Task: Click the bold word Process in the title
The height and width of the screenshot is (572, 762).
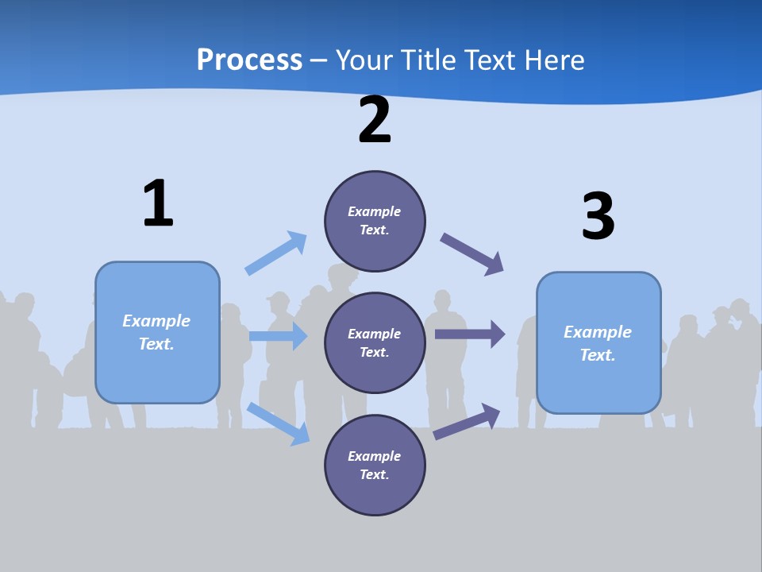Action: pos(249,60)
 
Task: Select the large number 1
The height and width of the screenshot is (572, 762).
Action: pos(158,203)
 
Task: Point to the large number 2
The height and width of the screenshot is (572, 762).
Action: pos(375,120)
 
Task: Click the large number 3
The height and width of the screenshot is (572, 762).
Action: pos(598,216)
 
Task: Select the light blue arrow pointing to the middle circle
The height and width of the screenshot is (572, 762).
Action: pos(278,336)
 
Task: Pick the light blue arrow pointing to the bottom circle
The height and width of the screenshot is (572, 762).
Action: pos(278,423)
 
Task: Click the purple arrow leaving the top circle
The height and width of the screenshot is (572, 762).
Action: pos(472,254)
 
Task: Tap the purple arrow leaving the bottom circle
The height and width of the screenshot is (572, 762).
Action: pos(468,421)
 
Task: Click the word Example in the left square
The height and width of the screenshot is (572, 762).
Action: pos(156,321)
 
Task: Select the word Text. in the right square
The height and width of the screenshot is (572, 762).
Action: pos(598,355)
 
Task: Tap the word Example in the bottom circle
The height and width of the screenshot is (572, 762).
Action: pos(375,456)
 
